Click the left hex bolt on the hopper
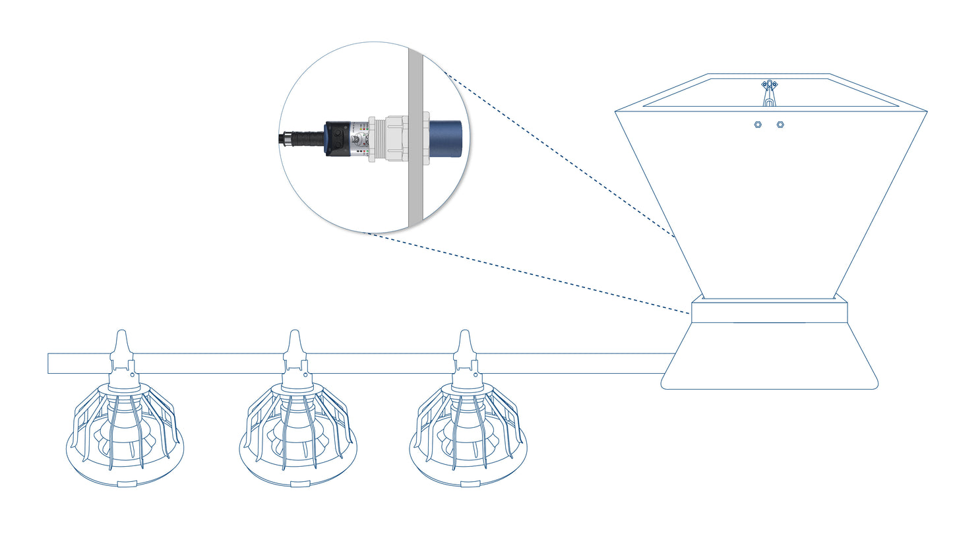coord(758,124)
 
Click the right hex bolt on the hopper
coord(780,124)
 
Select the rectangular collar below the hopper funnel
coord(769,311)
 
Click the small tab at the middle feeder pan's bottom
coord(299,484)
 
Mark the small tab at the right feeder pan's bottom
coord(470,484)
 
